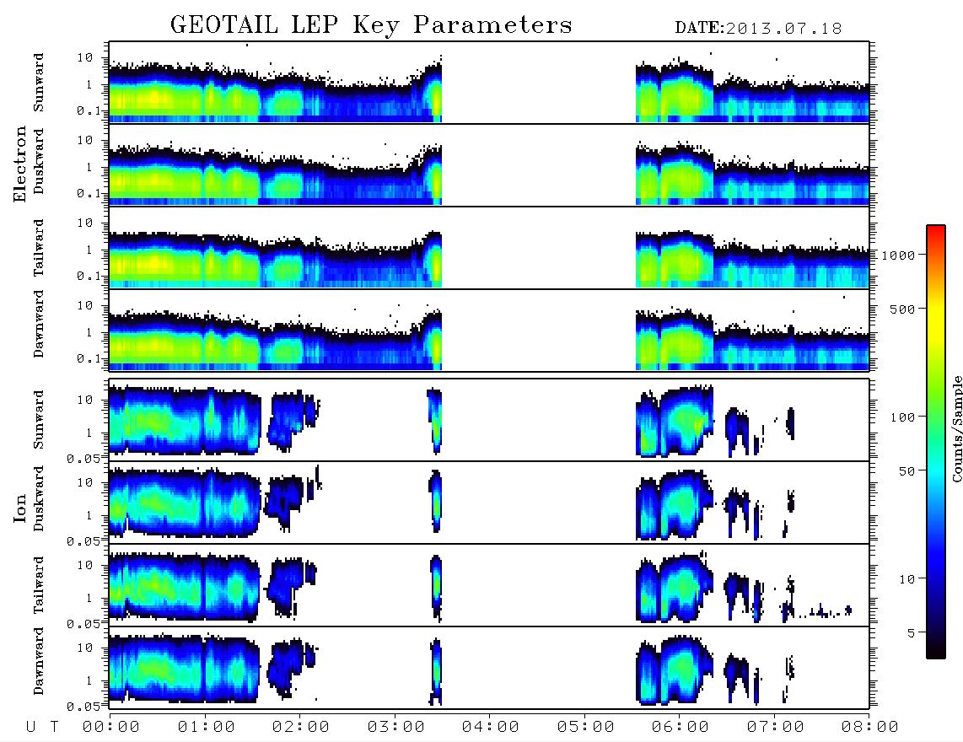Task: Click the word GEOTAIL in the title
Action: [224, 25]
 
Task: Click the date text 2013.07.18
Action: [783, 29]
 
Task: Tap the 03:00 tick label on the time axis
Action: [395, 727]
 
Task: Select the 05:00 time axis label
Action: [585, 727]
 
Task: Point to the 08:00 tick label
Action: [869, 727]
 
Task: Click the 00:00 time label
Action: [111, 727]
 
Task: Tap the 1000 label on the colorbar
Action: [898, 255]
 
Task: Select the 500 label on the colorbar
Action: [903, 309]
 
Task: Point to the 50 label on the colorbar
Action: [907, 471]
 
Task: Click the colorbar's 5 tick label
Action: [912, 633]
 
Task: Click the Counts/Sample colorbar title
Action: [956, 428]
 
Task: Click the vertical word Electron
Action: [20, 164]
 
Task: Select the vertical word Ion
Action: [20, 508]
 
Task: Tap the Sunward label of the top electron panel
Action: [39, 83]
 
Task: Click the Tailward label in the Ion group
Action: [39, 585]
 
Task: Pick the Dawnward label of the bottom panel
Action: [39, 661]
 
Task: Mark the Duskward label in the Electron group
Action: [39, 161]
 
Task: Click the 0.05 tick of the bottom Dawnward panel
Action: [83, 707]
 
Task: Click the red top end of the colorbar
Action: [935, 228]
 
